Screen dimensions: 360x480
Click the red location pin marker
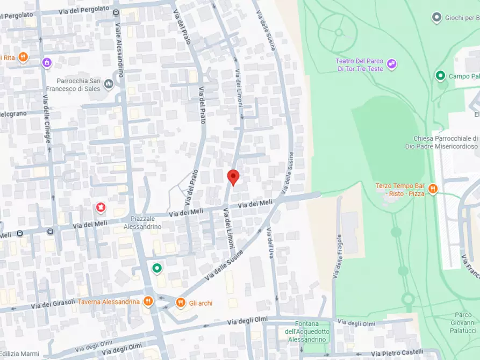pyautogui.click(x=233, y=177)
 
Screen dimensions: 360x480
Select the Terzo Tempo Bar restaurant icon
pyautogui.click(x=433, y=189)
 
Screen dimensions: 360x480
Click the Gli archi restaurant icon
pyautogui.click(x=181, y=303)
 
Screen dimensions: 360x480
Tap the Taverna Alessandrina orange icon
pyautogui.click(x=148, y=301)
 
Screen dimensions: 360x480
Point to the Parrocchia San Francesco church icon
pyautogui.click(x=109, y=84)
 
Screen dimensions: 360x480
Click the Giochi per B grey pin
pyautogui.click(x=437, y=18)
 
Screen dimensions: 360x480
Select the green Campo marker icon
pyautogui.click(x=440, y=76)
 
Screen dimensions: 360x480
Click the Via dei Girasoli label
pyautogui.click(x=53, y=304)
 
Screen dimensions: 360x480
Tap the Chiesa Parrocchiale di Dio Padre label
pyautogui.click(x=445, y=142)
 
